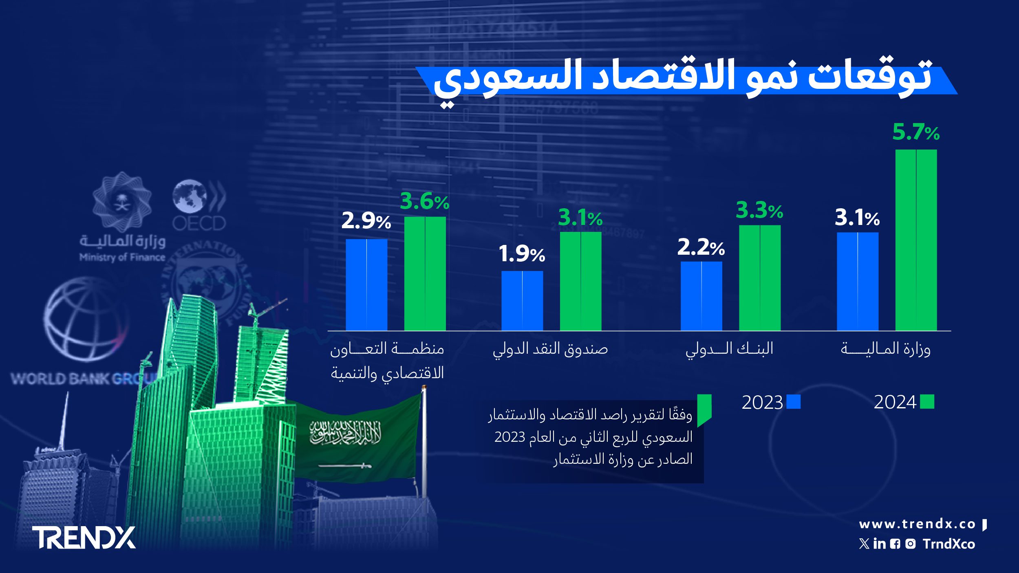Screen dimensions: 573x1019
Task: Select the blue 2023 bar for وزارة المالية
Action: click(x=858, y=281)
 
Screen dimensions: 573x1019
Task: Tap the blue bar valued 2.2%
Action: click(x=701, y=296)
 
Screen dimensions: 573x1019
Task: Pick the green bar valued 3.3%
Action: click(x=760, y=278)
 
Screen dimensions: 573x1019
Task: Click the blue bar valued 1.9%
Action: click(x=522, y=300)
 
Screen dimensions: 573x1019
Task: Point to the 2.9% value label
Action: click(x=366, y=221)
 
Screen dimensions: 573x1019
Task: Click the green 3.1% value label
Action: click(x=580, y=218)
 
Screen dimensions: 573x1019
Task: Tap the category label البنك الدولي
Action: click(x=729, y=349)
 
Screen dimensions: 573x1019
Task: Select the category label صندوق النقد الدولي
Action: click(x=550, y=349)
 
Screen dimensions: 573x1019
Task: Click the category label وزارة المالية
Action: click(x=885, y=349)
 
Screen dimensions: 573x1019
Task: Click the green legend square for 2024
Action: click(x=927, y=402)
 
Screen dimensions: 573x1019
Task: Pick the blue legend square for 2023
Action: click(x=793, y=402)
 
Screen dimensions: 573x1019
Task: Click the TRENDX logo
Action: click(x=84, y=538)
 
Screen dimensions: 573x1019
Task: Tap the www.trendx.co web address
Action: click(x=917, y=524)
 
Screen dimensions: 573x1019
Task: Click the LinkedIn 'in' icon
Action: click(x=880, y=544)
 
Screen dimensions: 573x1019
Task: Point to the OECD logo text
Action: click(x=199, y=223)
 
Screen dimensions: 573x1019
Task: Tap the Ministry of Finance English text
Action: click(x=122, y=257)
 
